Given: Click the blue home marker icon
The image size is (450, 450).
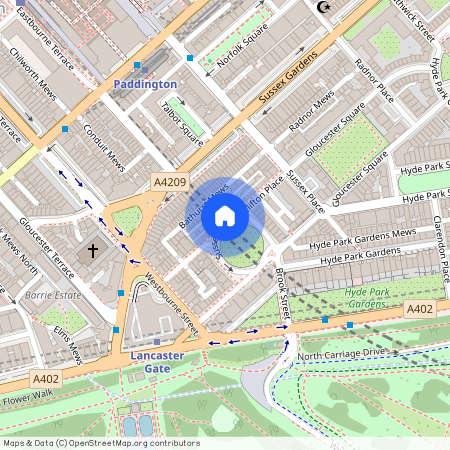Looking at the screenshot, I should (x=225, y=214).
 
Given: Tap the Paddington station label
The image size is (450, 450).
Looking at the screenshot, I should (x=145, y=85).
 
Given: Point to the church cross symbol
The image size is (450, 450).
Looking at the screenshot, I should (x=94, y=249).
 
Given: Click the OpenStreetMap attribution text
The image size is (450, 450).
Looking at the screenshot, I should (x=100, y=442).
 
